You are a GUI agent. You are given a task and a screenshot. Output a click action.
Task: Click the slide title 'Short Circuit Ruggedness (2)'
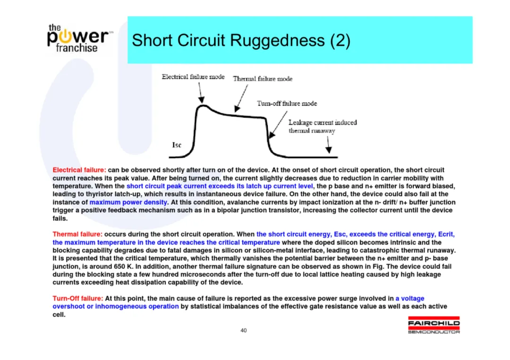[x=241, y=40]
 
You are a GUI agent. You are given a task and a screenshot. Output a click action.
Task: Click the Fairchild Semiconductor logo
[x=434, y=325]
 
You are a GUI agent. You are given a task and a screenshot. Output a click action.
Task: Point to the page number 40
[x=244, y=330]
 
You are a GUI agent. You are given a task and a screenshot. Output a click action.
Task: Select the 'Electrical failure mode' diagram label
[x=193, y=77]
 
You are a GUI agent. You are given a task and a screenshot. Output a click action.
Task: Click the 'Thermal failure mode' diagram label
[x=263, y=79]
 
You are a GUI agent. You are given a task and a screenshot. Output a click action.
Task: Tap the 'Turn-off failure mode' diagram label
[x=287, y=103]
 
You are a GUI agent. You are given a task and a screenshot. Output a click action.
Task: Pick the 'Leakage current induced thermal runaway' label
[x=323, y=126]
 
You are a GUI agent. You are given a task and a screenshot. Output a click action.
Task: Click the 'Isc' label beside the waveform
[x=177, y=145]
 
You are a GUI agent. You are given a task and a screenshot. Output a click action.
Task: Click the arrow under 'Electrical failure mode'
[x=201, y=93]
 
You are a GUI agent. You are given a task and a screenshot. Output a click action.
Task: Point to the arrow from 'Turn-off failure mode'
[x=278, y=125]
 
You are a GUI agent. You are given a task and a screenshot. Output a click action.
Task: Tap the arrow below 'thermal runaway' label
[x=329, y=144]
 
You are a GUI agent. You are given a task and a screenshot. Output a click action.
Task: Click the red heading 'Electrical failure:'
[x=79, y=170]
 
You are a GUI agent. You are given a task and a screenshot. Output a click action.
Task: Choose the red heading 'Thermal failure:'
[x=77, y=234]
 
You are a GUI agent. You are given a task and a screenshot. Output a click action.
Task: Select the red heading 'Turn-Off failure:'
[x=78, y=298]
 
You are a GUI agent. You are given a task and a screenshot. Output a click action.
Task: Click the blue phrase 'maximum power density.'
[x=129, y=202]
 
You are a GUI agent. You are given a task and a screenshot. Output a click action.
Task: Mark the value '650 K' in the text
[x=123, y=267]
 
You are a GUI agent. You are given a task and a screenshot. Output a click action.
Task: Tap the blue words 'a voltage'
[x=410, y=298]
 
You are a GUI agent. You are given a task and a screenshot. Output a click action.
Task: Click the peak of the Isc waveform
[x=203, y=106]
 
